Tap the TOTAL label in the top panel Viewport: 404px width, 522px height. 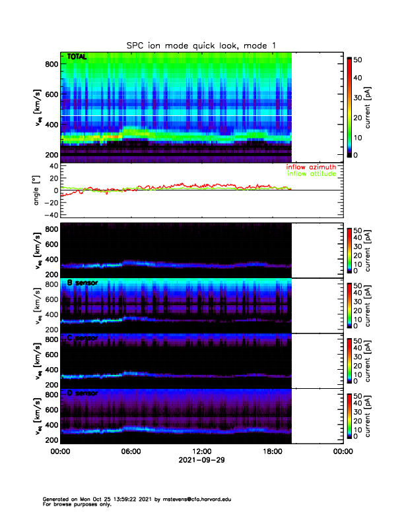tap(77, 58)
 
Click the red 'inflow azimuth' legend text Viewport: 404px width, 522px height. tap(311, 167)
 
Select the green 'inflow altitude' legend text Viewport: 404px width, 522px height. tap(312, 174)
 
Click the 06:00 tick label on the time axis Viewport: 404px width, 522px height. tap(131, 451)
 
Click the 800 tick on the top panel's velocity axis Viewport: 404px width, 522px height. tap(51, 64)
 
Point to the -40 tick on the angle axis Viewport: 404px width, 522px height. tap(50, 215)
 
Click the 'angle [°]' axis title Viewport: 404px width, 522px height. tap(38, 190)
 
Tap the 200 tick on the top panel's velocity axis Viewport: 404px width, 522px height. tap(51, 155)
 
